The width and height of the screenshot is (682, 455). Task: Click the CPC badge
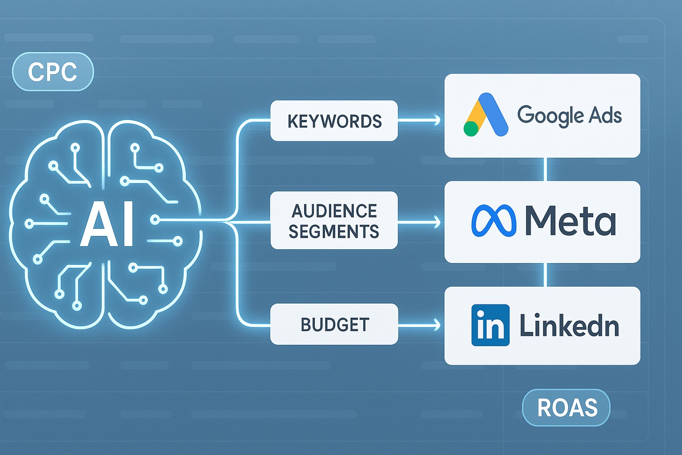(x=53, y=72)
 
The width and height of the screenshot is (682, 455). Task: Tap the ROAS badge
(x=567, y=407)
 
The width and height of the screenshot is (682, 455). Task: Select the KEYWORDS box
(x=334, y=121)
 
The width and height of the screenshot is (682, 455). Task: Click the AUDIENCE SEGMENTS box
(x=334, y=220)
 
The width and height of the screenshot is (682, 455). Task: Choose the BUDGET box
(x=334, y=324)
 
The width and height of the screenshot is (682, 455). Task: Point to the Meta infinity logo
(x=493, y=221)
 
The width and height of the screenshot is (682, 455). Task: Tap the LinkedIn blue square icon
(x=490, y=325)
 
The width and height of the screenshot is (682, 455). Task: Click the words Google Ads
(x=569, y=115)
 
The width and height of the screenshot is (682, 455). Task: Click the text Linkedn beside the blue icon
(x=569, y=326)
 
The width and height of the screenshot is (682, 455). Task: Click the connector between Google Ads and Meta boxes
(x=546, y=169)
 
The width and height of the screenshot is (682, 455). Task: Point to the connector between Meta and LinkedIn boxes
(x=546, y=275)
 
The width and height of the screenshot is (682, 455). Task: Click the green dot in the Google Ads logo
(x=471, y=128)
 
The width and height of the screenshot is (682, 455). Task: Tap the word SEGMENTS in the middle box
(x=334, y=231)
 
